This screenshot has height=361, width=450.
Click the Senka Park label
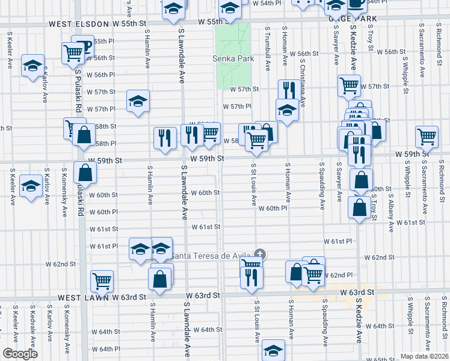[233, 59]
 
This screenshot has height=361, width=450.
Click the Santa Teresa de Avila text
[211, 256]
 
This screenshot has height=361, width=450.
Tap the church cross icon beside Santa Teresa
[260, 255]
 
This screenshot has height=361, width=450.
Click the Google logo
[20, 354]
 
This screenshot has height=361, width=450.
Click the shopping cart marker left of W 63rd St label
[102, 280]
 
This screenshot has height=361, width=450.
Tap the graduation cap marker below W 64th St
[273, 350]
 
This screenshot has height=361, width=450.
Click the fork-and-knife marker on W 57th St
[288, 90]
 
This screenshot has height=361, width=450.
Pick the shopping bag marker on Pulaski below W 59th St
[85, 172]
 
